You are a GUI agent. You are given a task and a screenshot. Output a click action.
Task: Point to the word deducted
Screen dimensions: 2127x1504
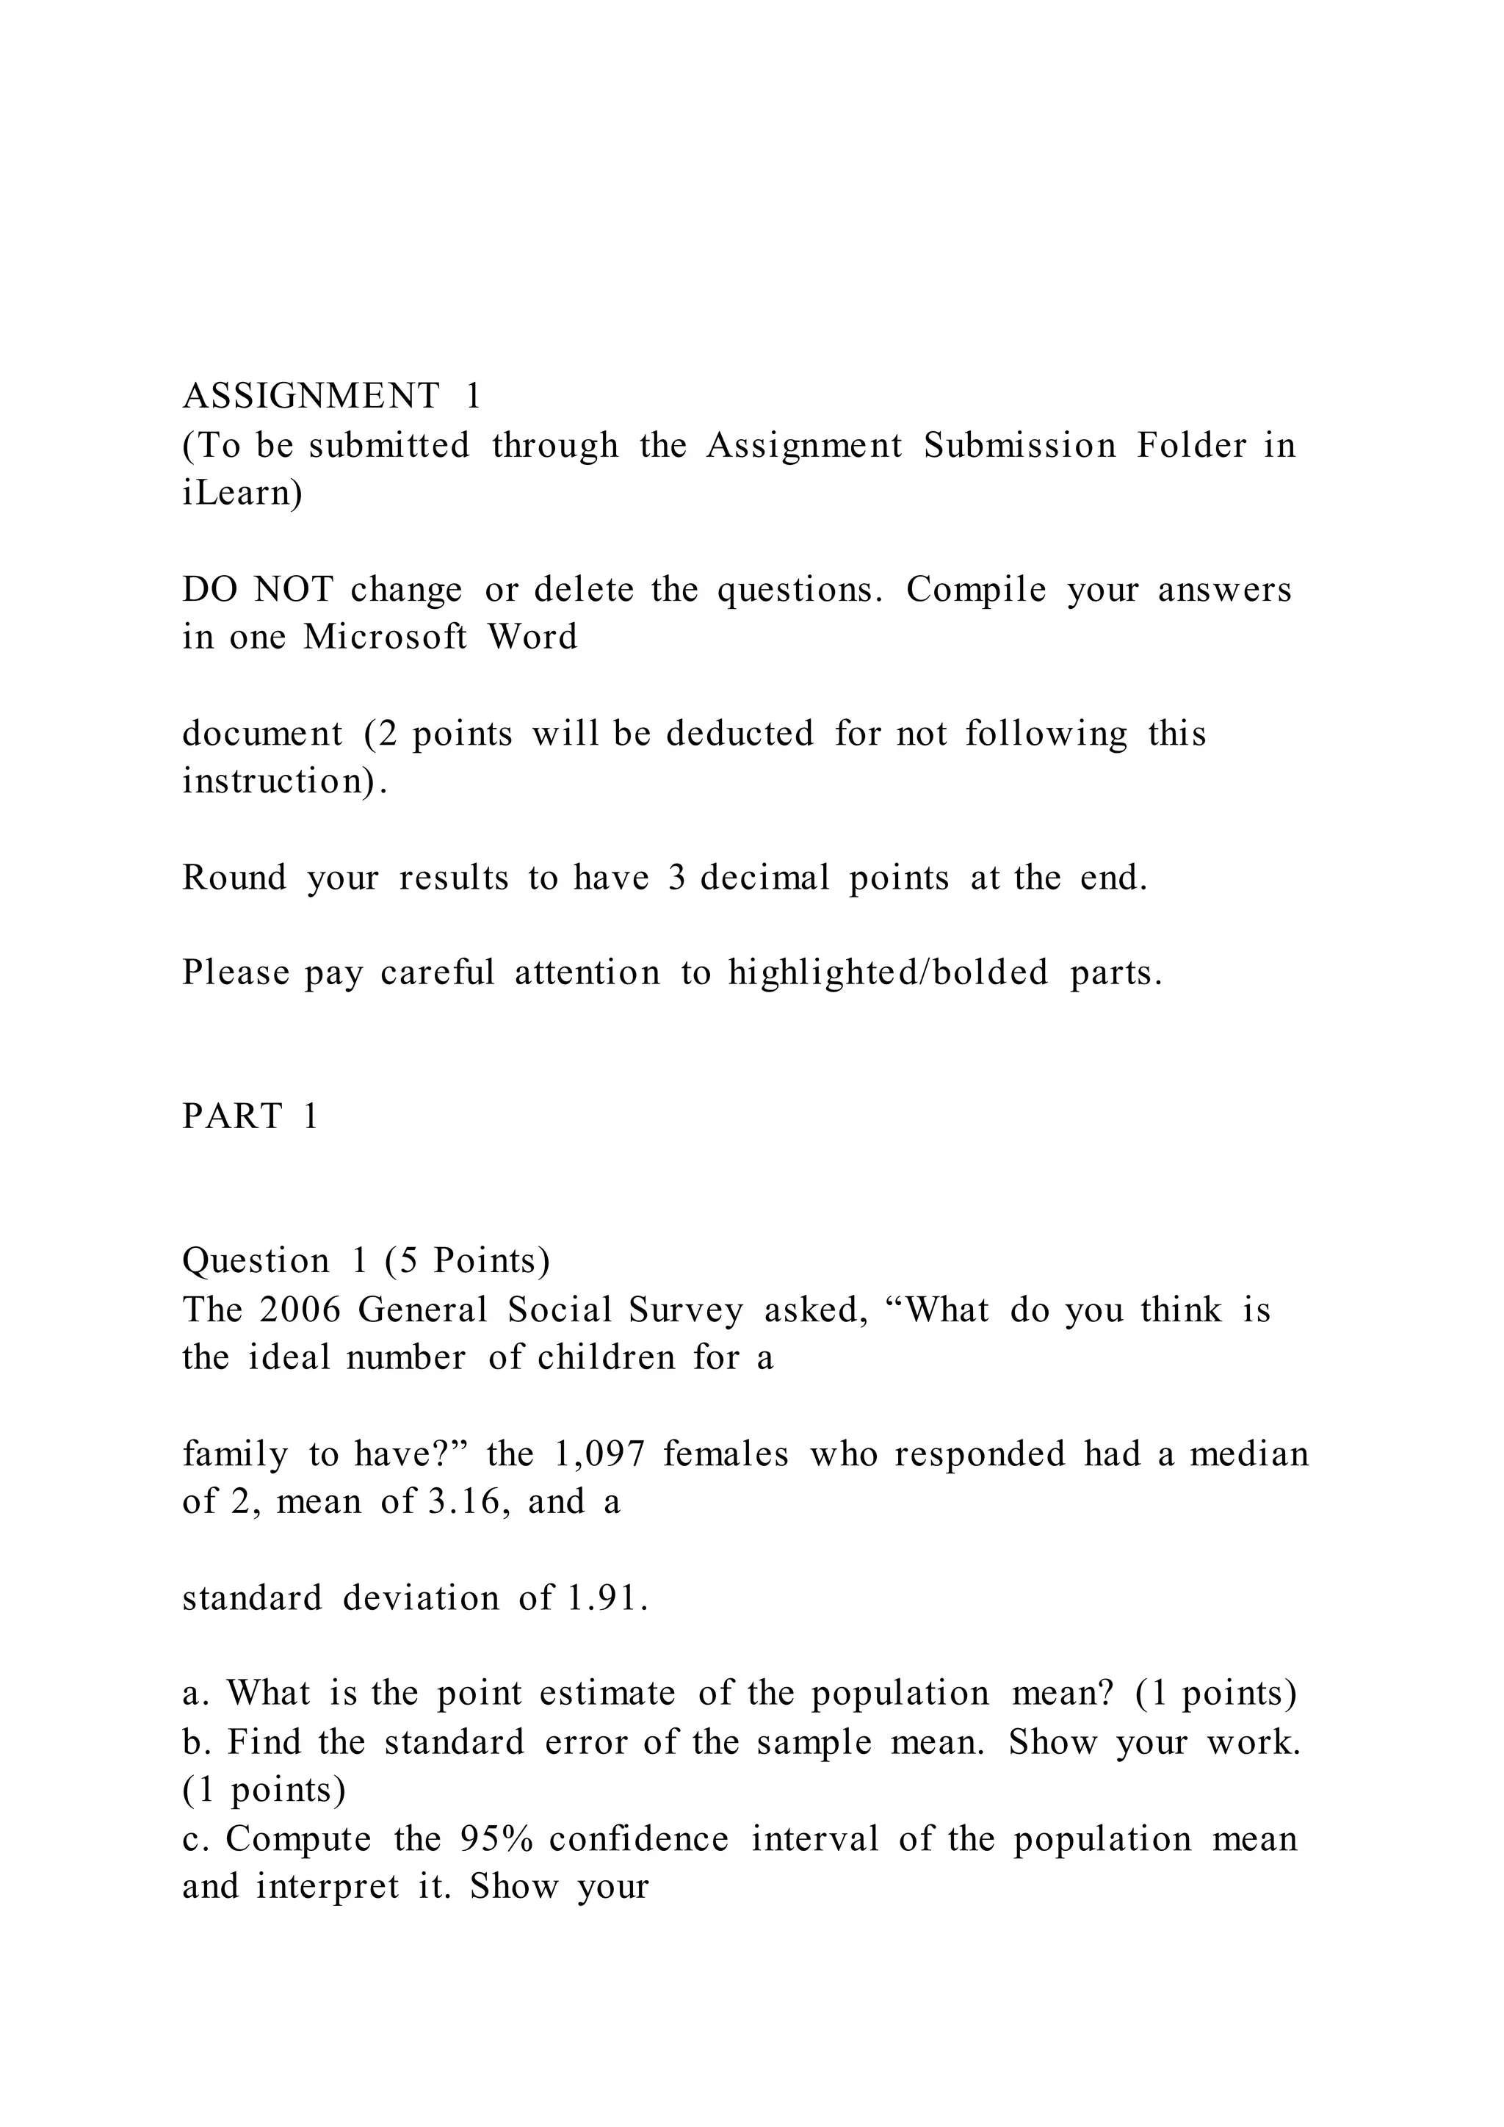(x=740, y=734)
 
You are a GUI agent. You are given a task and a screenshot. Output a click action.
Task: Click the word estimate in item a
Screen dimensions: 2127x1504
(x=607, y=1694)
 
